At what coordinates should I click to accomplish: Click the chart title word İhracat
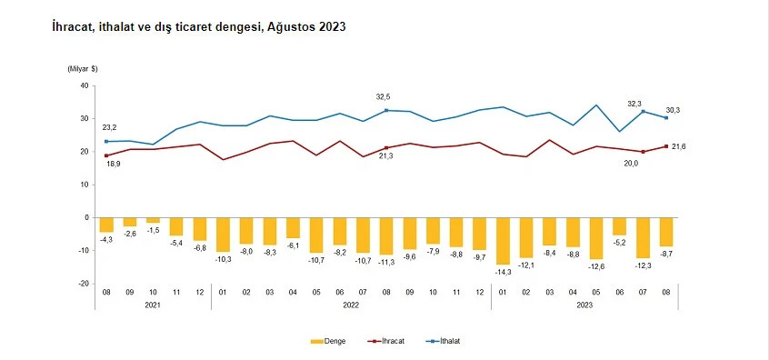click(75, 28)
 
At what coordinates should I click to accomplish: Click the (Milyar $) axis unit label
click(83, 69)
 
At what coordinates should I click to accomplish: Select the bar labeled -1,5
click(153, 220)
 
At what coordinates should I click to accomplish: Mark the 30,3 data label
click(673, 109)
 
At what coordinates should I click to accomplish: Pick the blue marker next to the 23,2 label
click(106, 141)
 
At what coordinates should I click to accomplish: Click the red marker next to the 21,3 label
click(387, 147)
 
